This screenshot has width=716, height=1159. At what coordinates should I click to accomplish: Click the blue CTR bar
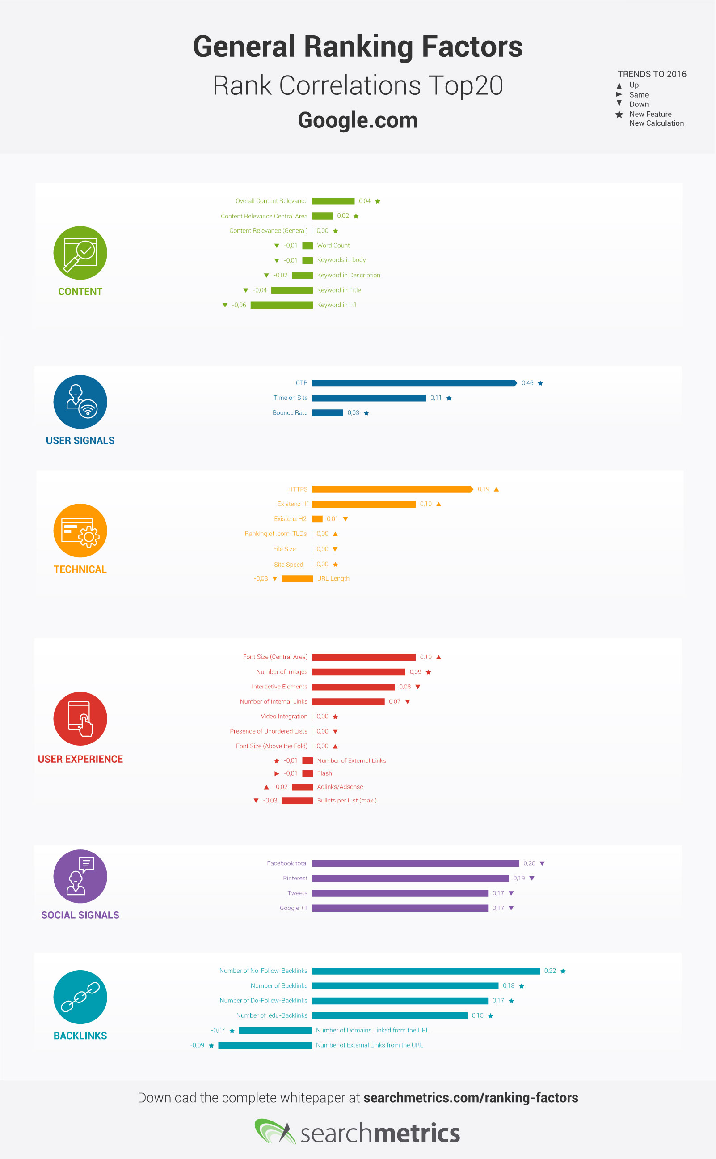coord(413,383)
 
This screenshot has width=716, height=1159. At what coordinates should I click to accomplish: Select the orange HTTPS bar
coord(392,489)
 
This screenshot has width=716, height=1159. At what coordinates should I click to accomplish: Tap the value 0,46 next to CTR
coord(527,383)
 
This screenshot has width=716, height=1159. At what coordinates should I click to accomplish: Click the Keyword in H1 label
coord(337,305)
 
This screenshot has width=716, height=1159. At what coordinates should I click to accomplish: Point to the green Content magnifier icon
coord(80,253)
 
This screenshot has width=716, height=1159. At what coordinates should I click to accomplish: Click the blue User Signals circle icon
coord(80,402)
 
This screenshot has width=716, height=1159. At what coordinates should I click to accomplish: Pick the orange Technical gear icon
coord(80,530)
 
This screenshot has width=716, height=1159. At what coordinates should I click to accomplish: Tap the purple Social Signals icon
coord(80,876)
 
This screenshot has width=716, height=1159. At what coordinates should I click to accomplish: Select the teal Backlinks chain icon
coord(80,997)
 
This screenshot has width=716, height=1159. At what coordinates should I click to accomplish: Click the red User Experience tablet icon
coord(80,718)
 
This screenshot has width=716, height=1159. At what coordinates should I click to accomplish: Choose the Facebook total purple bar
coord(415,863)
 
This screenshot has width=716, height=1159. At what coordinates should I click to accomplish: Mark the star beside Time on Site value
coord(449,398)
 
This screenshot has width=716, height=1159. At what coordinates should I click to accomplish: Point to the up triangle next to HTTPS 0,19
coord(496,489)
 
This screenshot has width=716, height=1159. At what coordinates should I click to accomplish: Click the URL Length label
coord(333,578)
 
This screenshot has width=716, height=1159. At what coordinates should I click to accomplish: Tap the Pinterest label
coord(295,878)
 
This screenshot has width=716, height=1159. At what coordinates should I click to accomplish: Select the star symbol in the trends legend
coord(619,114)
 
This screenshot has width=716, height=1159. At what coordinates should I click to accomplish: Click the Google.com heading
coord(358,120)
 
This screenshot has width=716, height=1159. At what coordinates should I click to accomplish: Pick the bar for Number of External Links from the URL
coord(265,1045)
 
